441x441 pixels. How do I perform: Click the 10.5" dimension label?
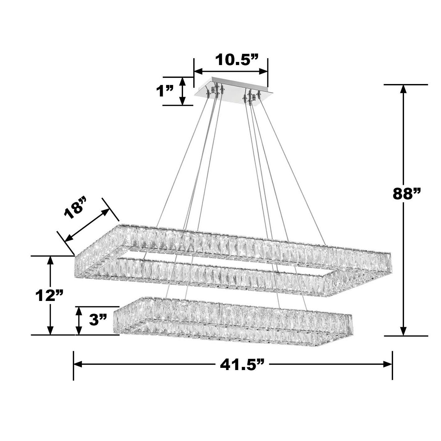point(237,60)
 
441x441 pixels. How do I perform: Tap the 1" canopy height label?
point(165,91)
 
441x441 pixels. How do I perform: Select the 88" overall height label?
point(406,194)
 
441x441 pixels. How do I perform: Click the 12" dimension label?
point(49,295)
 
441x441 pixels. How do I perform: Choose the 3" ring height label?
point(98,320)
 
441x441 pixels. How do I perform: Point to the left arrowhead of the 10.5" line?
point(198,72)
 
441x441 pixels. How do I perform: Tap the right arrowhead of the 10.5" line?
point(264,72)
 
